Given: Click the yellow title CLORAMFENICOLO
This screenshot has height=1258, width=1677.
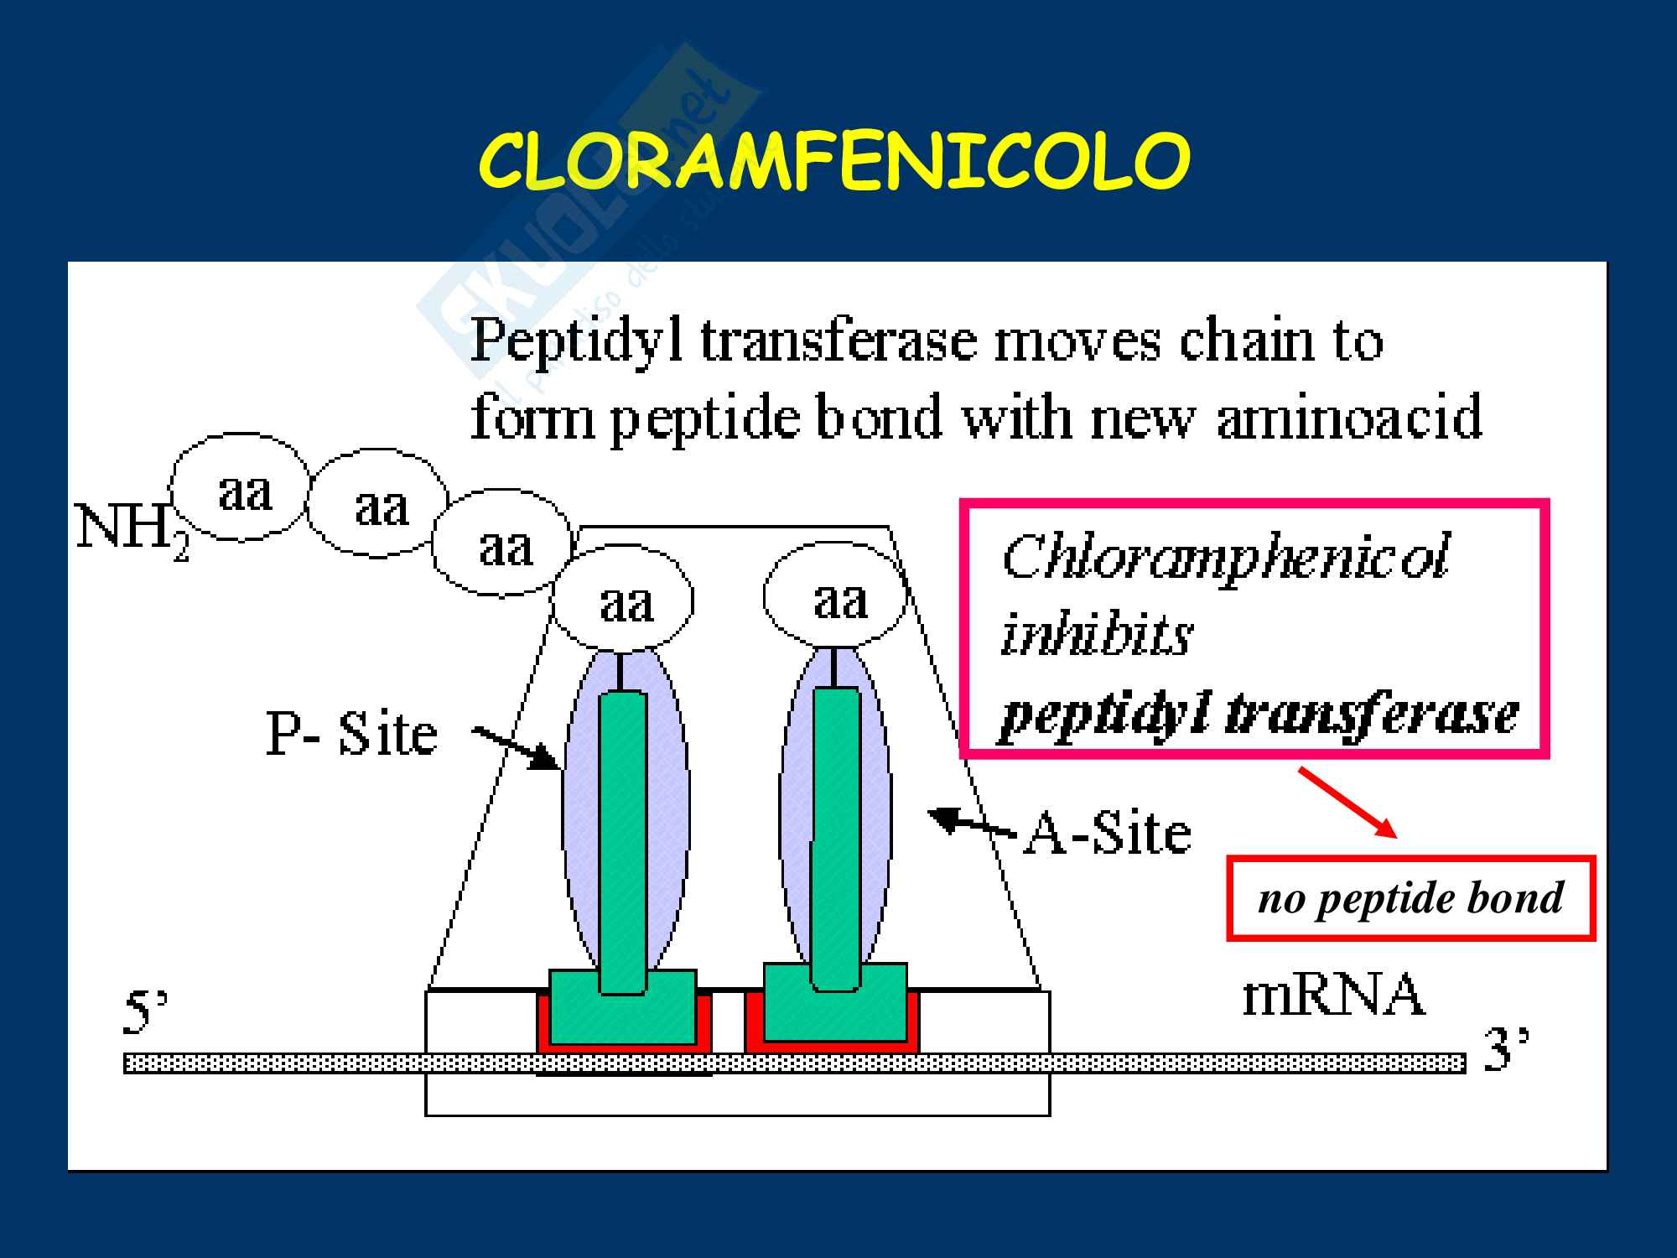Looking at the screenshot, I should click(x=834, y=163).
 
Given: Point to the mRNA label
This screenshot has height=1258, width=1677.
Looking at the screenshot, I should click(x=1333, y=996).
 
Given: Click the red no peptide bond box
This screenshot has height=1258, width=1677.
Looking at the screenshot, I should click(x=1410, y=898).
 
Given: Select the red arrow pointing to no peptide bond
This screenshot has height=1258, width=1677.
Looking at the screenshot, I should click(x=1347, y=803).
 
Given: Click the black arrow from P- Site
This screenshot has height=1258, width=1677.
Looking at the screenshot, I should click(x=516, y=747).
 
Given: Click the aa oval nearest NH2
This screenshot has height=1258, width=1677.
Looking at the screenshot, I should click(x=241, y=488).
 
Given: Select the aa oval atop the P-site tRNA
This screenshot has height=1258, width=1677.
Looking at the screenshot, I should click(x=625, y=600).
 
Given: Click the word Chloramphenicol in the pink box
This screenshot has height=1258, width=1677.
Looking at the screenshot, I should click(x=1225, y=557).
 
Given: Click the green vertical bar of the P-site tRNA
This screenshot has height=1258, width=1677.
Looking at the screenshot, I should click(x=623, y=839).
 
